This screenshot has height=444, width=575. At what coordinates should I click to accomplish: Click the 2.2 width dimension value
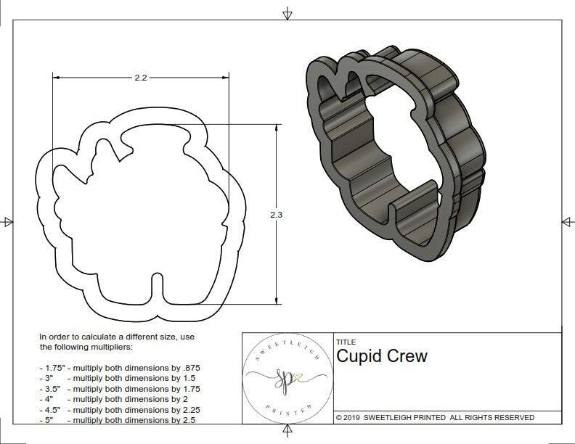[x=141, y=78]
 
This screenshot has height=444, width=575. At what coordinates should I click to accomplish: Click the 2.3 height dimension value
[x=275, y=215]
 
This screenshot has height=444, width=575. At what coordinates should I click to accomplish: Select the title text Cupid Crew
[x=382, y=356]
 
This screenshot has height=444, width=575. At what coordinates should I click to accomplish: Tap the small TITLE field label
[x=345, y=342]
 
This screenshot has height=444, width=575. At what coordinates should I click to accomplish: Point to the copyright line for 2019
[x=435, y=417]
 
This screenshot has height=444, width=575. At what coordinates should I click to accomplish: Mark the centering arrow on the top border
[x=288, y=13]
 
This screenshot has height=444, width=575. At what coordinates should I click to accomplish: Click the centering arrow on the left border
[x=7, y=221]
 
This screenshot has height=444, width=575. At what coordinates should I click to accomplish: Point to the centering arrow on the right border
[x=567, y=221]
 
